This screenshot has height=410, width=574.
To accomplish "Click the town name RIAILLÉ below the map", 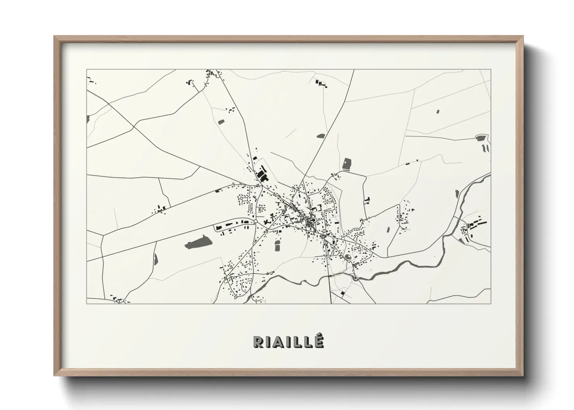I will click(288, 341).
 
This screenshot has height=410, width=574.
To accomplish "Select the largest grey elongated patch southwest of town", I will click(199, 243).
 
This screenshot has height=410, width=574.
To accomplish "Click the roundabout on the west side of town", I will click(256, 221).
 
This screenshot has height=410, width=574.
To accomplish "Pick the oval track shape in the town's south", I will click(348, 257).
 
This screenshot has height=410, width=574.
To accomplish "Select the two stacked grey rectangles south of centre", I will click(277, 245).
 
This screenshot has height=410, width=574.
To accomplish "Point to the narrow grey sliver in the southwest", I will click(156, 258).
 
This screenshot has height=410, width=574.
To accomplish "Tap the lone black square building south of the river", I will click(342, 293).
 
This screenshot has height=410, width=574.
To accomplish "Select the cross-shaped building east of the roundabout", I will click(267, 222).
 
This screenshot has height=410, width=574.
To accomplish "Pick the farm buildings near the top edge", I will click(321, 83).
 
